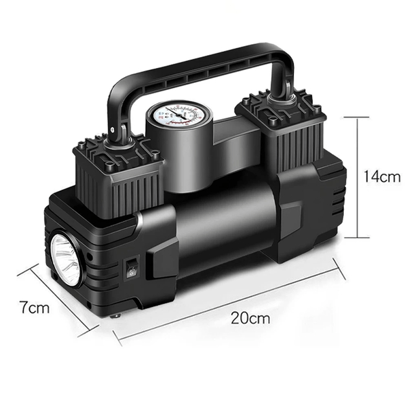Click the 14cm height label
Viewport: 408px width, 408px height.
(x=381, y=177)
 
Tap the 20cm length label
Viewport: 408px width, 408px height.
(x=251, y=318)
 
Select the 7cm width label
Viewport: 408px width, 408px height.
(x=34, y=307)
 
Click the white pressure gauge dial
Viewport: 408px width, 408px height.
(x=179, y=115)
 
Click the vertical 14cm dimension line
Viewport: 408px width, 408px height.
(x=357, y=177)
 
